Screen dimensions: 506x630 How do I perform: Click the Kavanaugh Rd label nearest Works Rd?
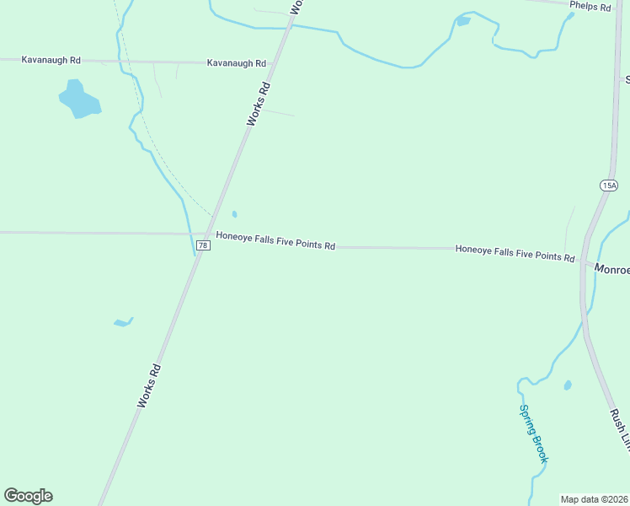237,63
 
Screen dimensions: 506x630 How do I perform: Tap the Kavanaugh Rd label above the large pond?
51,60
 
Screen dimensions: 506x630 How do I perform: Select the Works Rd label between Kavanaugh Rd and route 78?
259,104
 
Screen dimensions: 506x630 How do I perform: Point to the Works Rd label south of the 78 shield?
148,386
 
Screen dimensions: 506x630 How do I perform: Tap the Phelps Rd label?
590,6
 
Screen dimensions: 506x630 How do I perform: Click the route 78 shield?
203,245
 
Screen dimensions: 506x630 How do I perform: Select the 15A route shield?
609,186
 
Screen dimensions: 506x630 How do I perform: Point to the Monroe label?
612,269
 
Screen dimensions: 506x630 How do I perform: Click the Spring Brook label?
533,433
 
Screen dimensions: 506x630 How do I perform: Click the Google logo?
28,496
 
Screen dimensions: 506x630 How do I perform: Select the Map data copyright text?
595,499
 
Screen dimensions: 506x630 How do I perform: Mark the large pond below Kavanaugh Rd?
78,100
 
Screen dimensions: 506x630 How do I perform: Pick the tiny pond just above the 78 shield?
234,214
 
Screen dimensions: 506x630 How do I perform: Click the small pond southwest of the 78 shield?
123,322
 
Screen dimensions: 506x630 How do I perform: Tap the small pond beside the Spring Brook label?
568,385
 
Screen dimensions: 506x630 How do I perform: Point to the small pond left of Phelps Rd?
463,20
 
